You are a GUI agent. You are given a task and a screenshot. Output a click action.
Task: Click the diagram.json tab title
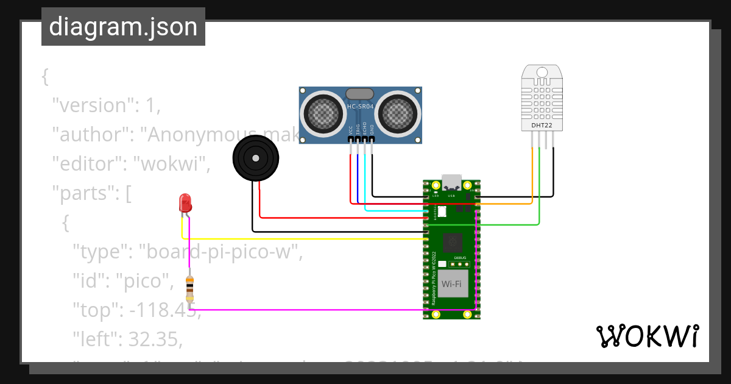point(123,27)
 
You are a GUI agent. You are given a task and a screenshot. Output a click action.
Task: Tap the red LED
point(185,204)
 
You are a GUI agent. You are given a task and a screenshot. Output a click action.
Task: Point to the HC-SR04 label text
point(359,107)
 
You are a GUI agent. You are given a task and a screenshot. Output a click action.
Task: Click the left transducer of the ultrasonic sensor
point(322,112)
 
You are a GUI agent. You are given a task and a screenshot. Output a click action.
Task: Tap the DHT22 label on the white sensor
point(542,126)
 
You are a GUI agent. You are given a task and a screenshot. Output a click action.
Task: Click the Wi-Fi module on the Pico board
point(451,284)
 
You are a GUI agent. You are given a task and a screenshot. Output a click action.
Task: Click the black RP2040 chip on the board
point(452,243)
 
